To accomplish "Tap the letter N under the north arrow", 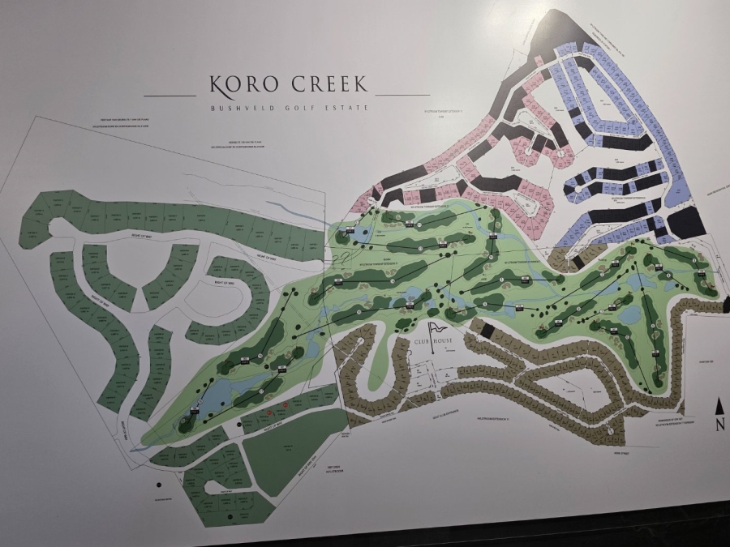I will pos(719,425).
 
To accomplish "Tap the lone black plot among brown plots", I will pos(487,330).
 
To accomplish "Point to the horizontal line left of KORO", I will pos(170,95).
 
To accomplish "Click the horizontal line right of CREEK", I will pos(403,95).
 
